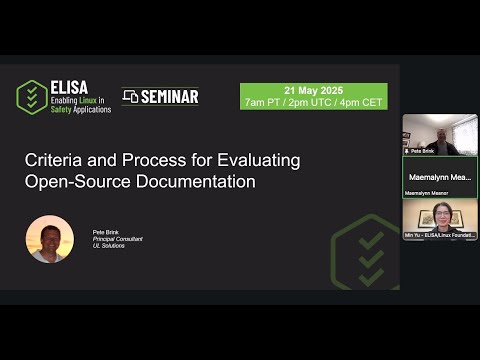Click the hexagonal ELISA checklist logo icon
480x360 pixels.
[x=32, y=97]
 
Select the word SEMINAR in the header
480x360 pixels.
[x=169, y=97]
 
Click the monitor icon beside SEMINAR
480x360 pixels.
[x=130, y=97]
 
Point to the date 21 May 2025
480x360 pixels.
[x=312, y=90]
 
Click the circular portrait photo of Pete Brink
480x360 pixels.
[x=50, y=239]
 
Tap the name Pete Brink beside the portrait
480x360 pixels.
[x=106, y=231]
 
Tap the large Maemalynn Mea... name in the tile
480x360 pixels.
[x=440, y=176]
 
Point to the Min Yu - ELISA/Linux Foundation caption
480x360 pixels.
[x=440, y=235]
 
